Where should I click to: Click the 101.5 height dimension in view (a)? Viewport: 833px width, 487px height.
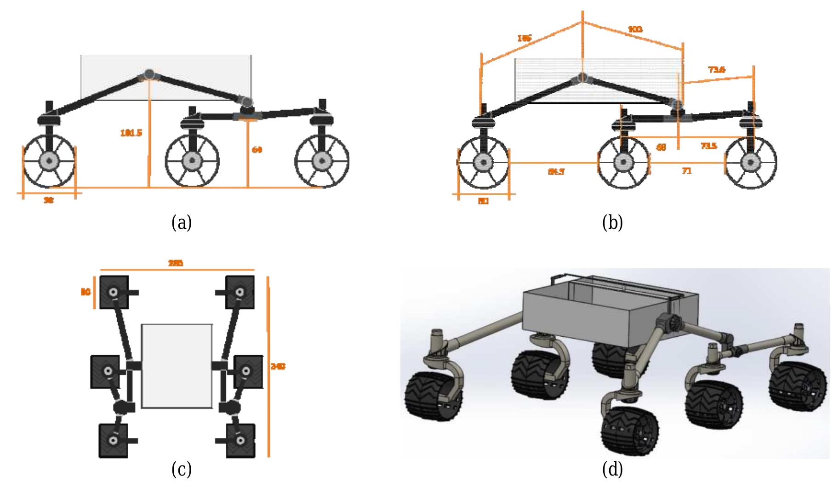point(131,133)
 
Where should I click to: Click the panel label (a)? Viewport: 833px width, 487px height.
point(181,223)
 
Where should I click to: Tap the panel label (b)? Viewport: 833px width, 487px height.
point(612,223)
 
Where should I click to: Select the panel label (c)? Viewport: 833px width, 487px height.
point(181,470)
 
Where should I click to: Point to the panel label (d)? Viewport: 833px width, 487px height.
point(612,470)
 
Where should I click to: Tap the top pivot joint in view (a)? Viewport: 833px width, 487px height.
point(149,74)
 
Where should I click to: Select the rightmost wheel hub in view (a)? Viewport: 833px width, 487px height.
point(322,161)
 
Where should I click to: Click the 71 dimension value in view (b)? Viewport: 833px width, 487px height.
point(686,171)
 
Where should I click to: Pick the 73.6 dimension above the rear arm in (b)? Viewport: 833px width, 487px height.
point(717,70)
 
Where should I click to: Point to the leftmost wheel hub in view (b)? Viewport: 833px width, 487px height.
point(483,162)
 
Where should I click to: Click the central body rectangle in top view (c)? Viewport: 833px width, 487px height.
point(177,366)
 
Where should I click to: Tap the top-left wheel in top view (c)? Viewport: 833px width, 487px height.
point(114,292)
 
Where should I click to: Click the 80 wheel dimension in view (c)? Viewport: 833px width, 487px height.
point(86,292)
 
